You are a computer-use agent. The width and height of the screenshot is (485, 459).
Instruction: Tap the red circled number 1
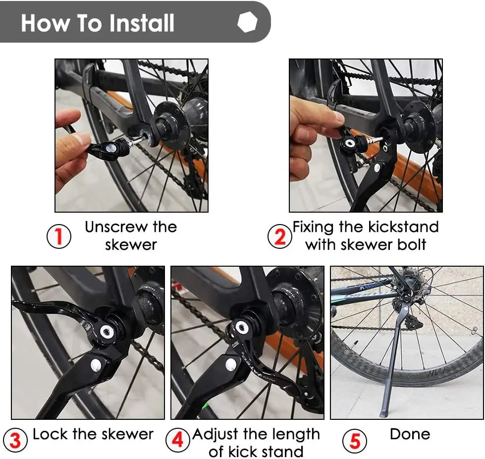(x=59, y=236)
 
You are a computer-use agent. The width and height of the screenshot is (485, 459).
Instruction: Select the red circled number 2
(x=280, y=236)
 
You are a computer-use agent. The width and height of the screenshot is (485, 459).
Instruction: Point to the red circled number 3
(x=15, y=441)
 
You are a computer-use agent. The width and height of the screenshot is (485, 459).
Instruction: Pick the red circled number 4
(x=177, y=441)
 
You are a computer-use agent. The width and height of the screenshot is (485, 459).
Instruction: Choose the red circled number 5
(x=355, y=441)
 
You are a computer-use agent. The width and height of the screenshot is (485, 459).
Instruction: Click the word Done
(x=410, y=434)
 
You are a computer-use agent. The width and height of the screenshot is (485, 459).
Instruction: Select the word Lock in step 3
(x=50, y=434)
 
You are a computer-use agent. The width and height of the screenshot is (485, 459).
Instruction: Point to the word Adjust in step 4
(x=216, y=435)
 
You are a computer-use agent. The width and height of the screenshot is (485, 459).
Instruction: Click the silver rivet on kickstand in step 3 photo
(x=96, y=365)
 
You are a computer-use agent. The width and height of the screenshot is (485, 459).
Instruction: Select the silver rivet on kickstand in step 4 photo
(x=231, y=364)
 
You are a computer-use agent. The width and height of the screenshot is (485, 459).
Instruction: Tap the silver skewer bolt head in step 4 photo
(x=242, y=327)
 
